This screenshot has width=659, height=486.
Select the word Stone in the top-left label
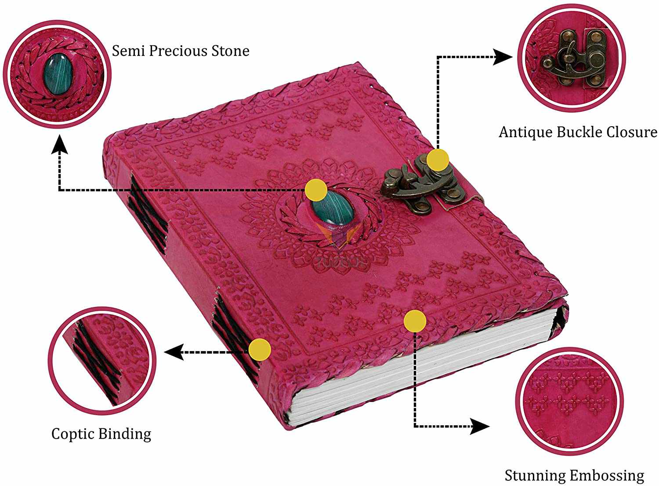coord(230,51)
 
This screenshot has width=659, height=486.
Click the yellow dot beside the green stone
coord(316,190)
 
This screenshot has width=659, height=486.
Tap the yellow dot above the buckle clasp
coord(438,159)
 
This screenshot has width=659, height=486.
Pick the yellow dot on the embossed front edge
coord(415,321)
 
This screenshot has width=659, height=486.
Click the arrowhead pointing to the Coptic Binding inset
coord(173,352)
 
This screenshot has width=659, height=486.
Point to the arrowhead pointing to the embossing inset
coord(481,426)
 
